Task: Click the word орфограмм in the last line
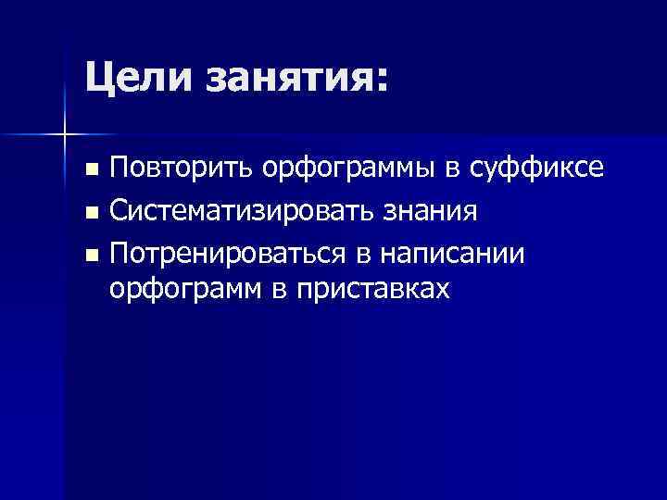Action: tap(184, 291)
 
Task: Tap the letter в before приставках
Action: tap(279, 290)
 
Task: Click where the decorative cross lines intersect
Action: tap(63, 135)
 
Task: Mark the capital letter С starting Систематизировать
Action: tap(118, 212)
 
